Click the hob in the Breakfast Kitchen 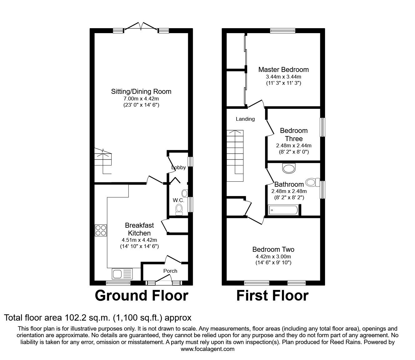click(x=101, y=230)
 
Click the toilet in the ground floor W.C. click(x=179, y=210)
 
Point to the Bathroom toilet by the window click(x=313, y=182)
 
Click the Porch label click(x=170, y=271)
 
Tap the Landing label click(x=245, y=119)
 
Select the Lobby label click(x=178, y=167)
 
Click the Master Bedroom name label click(x=283, y=69)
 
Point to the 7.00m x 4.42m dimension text click(x=141, y=99)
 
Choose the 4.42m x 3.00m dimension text click(x=273, y=256)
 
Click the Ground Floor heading click(x=142, y=296)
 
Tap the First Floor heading click(x=272, y=296)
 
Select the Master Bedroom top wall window click(x=283, y=31)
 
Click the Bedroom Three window click(x=322, y=127)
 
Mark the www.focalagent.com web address click(x=207, y=349)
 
